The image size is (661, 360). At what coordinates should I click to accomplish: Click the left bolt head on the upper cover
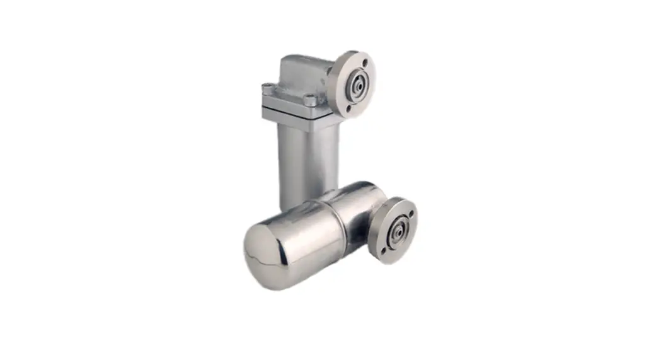coord(268,88)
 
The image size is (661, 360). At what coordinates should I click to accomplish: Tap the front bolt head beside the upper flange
coord(309,100)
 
